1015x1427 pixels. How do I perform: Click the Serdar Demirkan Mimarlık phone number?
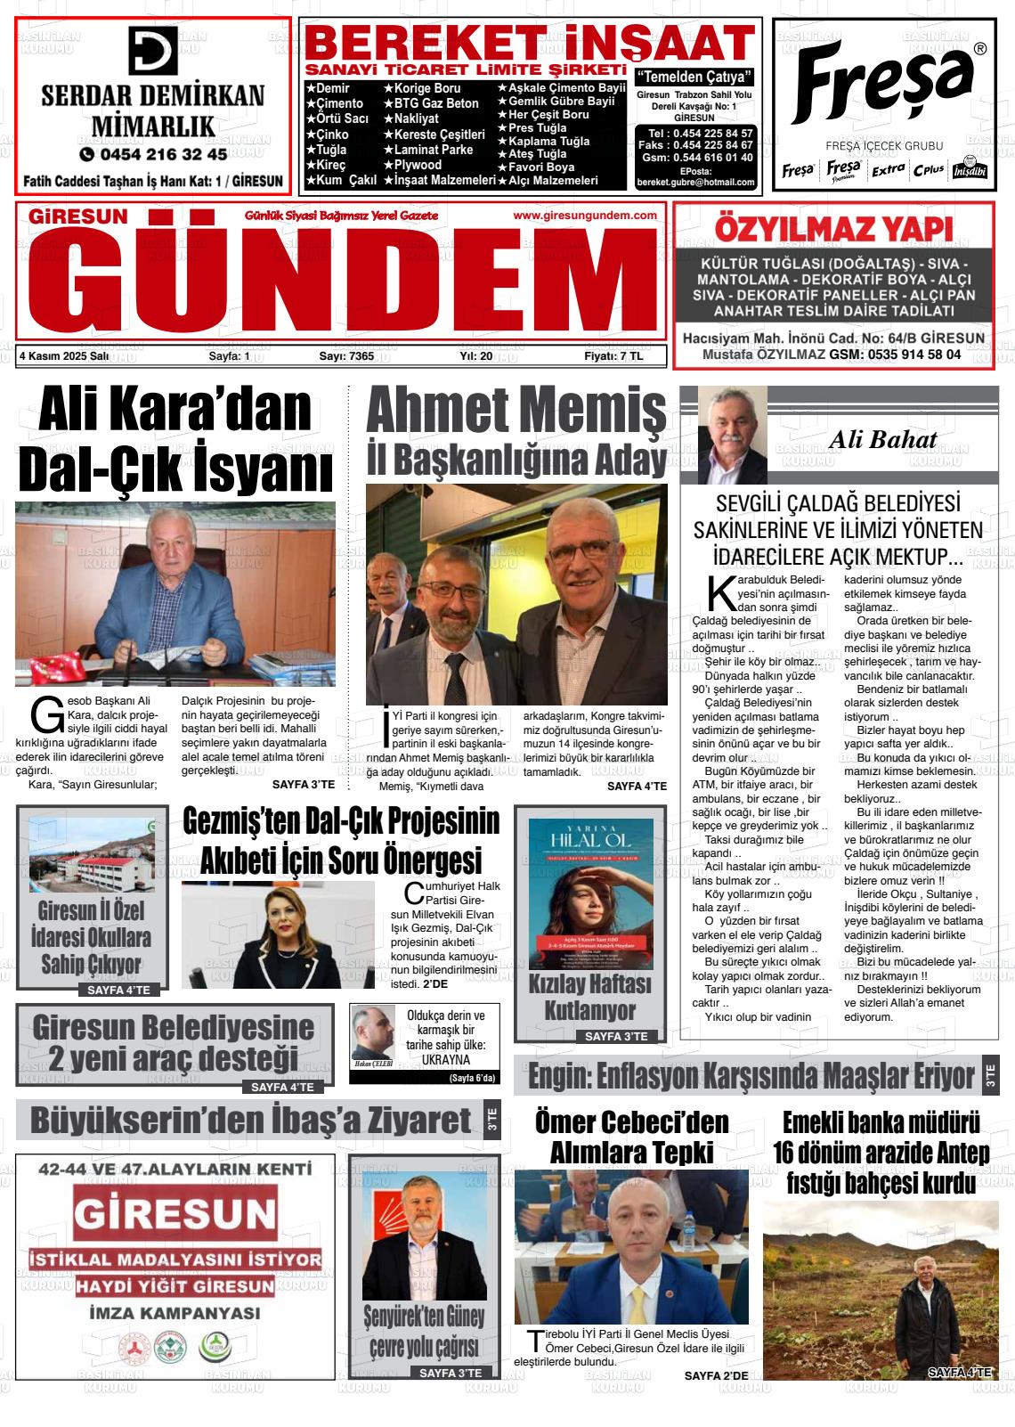pos(153,154)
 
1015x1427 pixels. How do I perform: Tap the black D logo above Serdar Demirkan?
pos(153,51)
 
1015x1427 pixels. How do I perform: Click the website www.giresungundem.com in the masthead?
pos(585,216)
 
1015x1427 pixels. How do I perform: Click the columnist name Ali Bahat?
pos(882,439)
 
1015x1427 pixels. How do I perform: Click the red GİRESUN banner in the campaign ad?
pos(175,1214)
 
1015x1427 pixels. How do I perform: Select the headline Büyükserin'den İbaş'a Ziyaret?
pos(250,1121)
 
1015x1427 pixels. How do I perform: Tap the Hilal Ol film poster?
pos(591,894)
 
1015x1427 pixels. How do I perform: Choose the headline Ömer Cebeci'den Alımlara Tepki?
pos(631,1138)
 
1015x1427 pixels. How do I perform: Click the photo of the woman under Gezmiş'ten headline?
pos(279,935)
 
